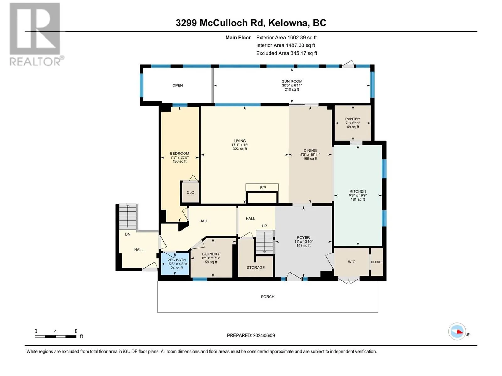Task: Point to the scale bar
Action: [x=55, y=336]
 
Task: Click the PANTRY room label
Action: [x=352, y=119]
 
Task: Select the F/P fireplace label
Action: [x=263, y=187]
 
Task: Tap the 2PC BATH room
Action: [x=175, y=264]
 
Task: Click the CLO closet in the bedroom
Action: [x=190, y=192]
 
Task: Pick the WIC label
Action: [x=351, y=262]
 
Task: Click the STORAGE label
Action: [x=255, y=267]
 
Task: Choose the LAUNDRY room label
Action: [x=211, y=254]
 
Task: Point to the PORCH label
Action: [x=267, y=296]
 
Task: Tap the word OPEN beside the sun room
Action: [x=178, y=85]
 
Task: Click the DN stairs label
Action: [x=128, y=234]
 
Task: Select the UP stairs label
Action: [x=264, y=226]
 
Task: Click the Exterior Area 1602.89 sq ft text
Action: [x=286, y=37]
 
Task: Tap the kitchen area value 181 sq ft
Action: [x=358, y=199]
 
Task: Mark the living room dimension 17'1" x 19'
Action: [x=240, y=145]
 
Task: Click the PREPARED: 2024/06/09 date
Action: [x=251, y=335]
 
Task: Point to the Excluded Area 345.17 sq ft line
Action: [x=286, y=53]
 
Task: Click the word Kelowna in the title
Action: [x=288, y=23]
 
